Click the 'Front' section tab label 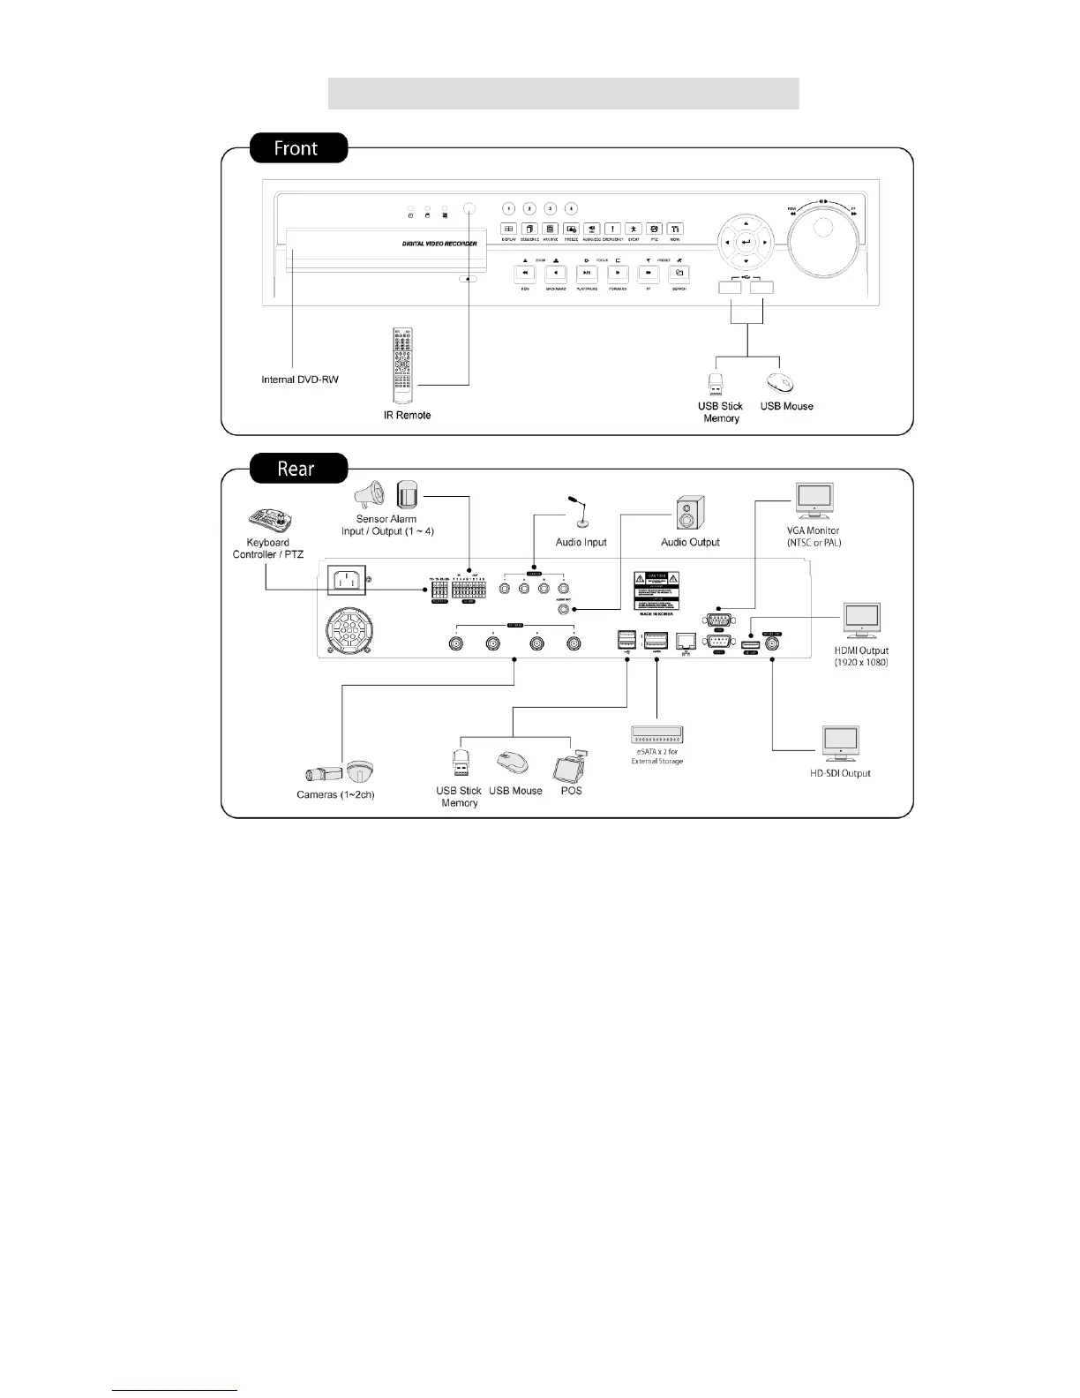[x=297, y=148]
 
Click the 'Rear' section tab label [x=297, y=468]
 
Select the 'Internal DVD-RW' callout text [x=300, y=380]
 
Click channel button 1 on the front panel [x=508, y=209]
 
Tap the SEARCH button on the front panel [x=679, y=274]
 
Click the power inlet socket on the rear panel [x=348, y=581]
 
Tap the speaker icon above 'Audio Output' [x=689, y=513]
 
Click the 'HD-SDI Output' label [x=840, y=773]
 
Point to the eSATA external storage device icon [x=657, y=734]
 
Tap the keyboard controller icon [x=270, y=521]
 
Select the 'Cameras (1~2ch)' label [x=335, y=795]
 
